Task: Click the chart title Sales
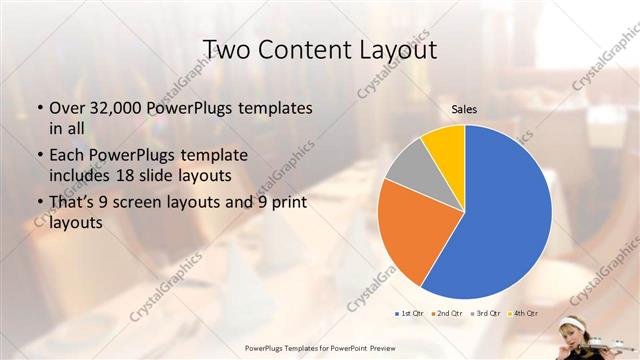[x=464, y=108]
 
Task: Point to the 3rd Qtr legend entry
[x=487, y=313]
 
